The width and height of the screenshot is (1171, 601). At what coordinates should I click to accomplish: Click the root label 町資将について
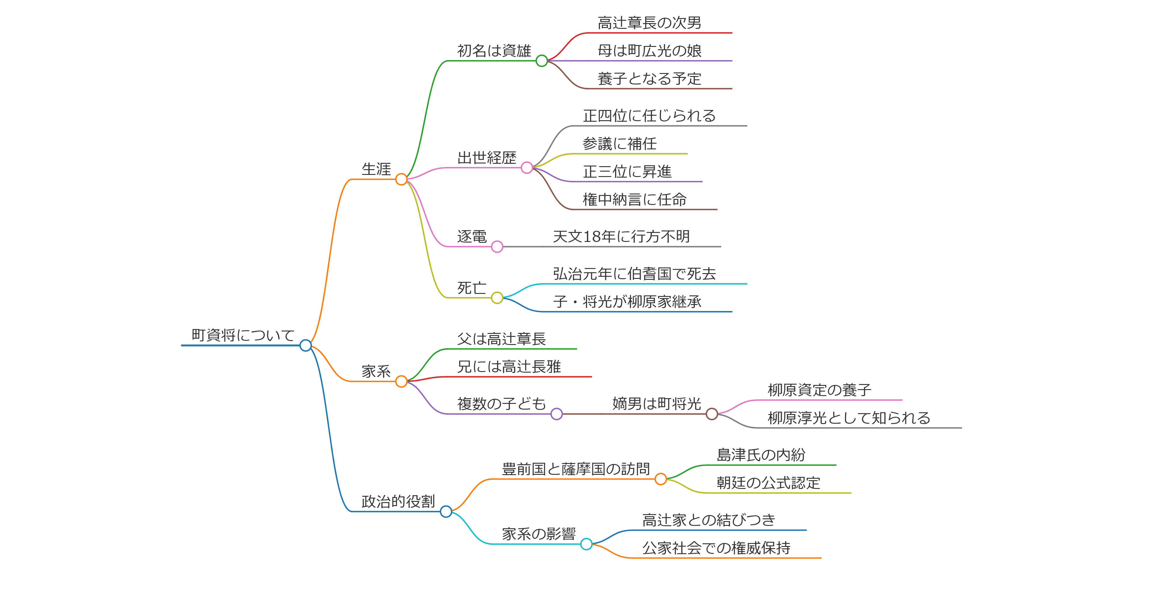click(x=243, y=335)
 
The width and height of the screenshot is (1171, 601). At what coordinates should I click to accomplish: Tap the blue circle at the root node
click(x=305, y=346)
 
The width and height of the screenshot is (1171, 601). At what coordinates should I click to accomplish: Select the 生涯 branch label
click(x=376, y=169)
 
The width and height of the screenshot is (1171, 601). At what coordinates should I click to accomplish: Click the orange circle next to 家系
click(x=401, y=381)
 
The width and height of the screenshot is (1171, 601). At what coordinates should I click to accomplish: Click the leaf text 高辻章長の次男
click(x=649, y=23)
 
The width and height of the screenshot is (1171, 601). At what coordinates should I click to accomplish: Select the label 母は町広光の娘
click(x=649, y=51)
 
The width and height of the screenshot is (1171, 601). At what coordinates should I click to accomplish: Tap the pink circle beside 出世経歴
click(x=526, y=168)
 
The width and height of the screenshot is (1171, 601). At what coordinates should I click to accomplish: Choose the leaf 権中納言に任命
click(x=634, y=199)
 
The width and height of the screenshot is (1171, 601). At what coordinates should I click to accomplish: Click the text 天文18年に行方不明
click(x=621, y=236)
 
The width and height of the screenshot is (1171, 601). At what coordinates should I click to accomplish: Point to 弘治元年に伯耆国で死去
click(x=634, y=274)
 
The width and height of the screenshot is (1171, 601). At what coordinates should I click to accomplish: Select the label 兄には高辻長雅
click(x=509, y=366)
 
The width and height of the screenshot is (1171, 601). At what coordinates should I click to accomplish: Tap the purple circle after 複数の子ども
click(x=556, y=414)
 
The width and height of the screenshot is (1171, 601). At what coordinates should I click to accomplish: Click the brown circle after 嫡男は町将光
click(x=712, y=414)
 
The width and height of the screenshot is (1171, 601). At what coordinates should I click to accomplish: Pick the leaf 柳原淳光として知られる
click(x=849, y=418)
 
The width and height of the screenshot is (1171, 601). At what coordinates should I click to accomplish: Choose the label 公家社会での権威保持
click(x=716, y=548)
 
